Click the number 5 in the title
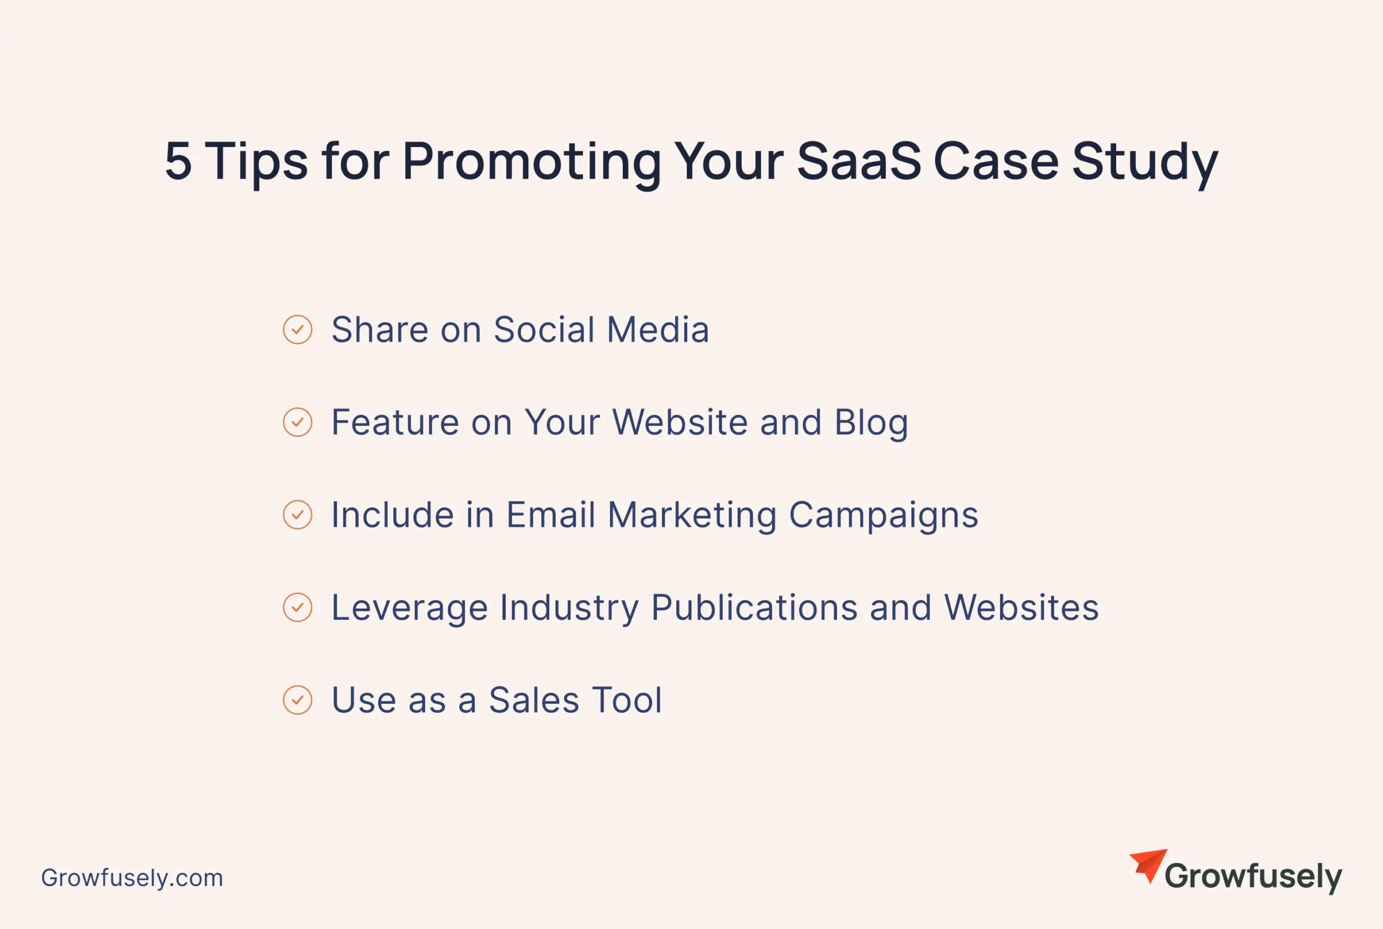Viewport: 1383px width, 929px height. point(178,161)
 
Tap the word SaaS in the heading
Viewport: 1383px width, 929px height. point(859,161)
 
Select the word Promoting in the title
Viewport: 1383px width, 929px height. point(531,165)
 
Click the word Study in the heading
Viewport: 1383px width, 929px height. point(1144,165)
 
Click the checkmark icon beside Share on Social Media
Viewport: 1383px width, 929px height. point(297,330)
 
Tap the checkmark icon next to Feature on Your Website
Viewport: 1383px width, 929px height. point(297,423)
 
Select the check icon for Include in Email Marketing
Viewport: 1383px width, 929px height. point(297,515)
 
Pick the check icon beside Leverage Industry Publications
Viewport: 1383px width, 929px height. point(297,607)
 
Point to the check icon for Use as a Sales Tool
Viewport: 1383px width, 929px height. point(297,700)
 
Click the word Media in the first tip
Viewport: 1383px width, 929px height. point(657,330)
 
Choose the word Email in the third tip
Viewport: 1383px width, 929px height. point(550,515)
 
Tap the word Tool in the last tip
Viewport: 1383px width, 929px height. point(627,700)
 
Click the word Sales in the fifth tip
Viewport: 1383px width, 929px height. point(534,700)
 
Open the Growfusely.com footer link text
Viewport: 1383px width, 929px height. point(132,878)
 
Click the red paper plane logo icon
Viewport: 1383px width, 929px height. point(1148,866)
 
